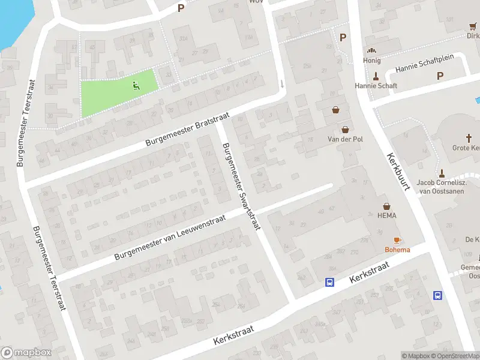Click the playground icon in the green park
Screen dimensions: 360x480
pos(136,86)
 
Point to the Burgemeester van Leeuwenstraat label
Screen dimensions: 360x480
pos(170,238)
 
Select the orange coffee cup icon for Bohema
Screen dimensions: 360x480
pos(397,240)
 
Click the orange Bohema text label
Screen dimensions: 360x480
pos(397,250)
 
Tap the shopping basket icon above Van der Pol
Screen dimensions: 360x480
pos(345,129)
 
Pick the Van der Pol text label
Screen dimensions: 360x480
pos(345,139)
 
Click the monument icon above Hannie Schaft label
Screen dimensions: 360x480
pos(376,76)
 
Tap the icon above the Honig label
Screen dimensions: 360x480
pos(371,51)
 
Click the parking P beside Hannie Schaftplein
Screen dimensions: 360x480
pos(440,76)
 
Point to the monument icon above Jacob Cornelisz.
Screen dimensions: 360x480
pos(441,173)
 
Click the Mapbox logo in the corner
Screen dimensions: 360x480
pos(26,352)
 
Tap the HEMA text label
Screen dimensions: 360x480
pos(387,215)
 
